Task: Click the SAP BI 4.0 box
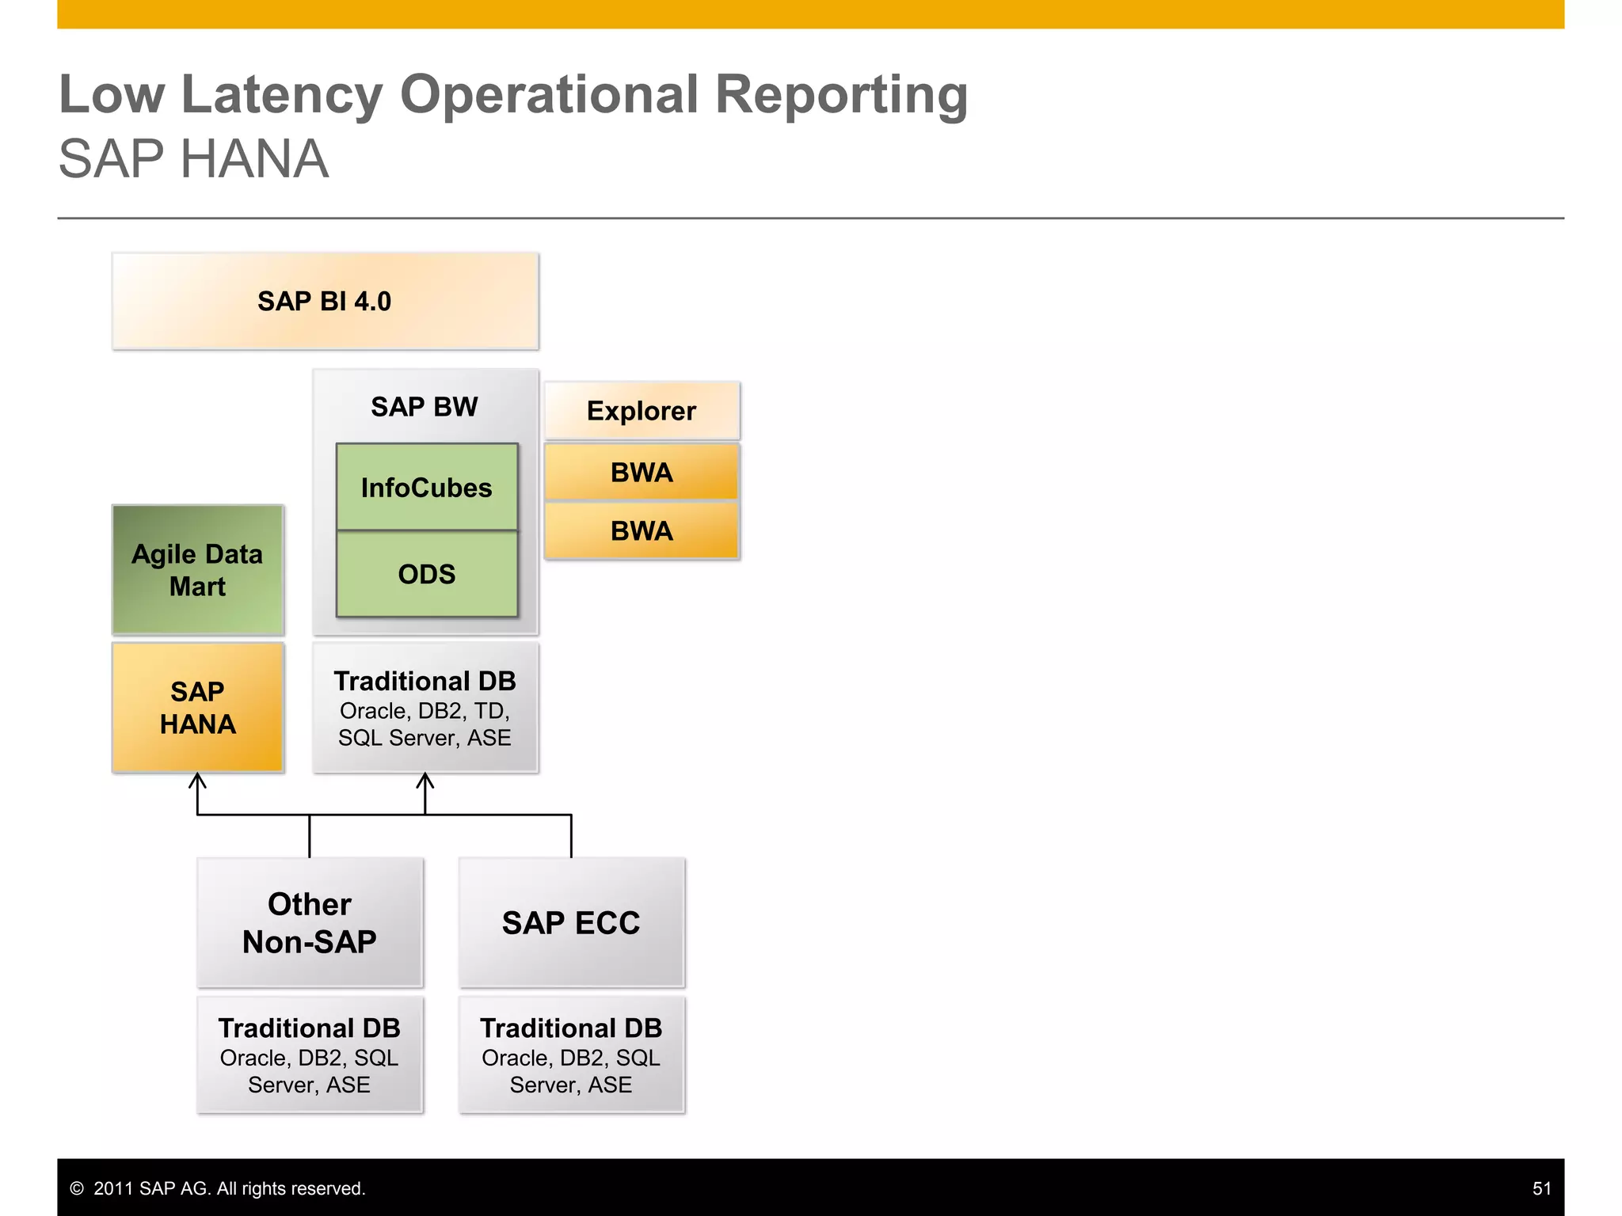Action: coord(325,302)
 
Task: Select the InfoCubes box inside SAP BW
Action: coord(426,487)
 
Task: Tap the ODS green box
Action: coord(426,574)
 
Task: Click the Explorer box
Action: coord(642,411)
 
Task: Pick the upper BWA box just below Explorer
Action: coord(642,473)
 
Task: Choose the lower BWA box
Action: coord(642,530)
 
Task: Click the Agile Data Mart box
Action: coord(197,570)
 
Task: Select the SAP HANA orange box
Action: coord(197,707)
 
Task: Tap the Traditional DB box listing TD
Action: coord(425,707)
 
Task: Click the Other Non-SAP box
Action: coord(310,922)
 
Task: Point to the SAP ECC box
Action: coord(571,922)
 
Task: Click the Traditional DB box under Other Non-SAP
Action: coord(310,1054)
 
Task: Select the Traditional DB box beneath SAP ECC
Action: coord(571,1054)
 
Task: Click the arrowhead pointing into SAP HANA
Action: coord(197,781)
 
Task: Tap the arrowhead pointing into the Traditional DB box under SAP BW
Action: coord(425,781)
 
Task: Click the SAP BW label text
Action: coord(425,406)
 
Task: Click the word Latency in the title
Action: coord(282,95)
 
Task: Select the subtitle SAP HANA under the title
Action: coord(193,159)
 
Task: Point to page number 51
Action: coord(1541,1188)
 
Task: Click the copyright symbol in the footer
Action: coord(77,1188)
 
